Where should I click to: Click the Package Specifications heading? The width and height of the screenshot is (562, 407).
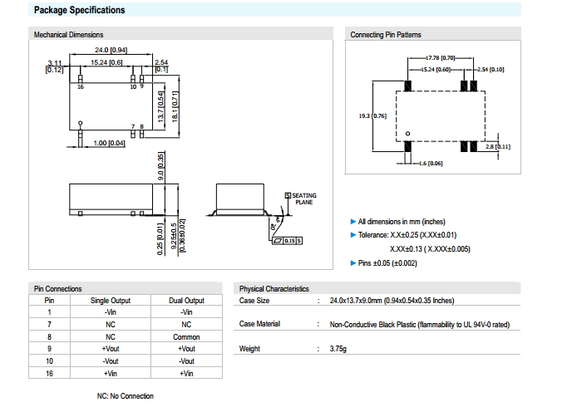coord(79,10)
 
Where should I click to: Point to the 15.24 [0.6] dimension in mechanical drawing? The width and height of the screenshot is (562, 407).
coord(106,63)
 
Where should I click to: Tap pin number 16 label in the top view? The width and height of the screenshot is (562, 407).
coord(81,86)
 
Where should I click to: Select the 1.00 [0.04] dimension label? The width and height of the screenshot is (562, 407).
coord(110,144)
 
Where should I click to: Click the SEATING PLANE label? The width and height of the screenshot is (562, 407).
coord(303,199)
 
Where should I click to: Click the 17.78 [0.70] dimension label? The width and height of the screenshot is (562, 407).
coord(441,58)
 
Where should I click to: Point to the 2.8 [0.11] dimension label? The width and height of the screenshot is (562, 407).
coord(502,146)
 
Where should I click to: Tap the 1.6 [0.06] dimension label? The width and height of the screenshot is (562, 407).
coord(431,164)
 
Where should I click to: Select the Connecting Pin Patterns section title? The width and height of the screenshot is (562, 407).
coord(385,35)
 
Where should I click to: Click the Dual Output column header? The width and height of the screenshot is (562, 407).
coord(186,300)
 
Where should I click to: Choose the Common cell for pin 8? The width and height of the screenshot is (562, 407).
coord(186,337)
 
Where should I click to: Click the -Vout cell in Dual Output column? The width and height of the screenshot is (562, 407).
coord(186,361)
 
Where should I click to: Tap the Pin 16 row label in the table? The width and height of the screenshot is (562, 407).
coord(49,374)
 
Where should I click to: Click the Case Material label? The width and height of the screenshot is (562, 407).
coord(260,324)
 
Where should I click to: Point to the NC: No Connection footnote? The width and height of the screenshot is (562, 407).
coord(126,396)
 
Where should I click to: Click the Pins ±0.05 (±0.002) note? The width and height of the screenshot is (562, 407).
coord(387,263)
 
